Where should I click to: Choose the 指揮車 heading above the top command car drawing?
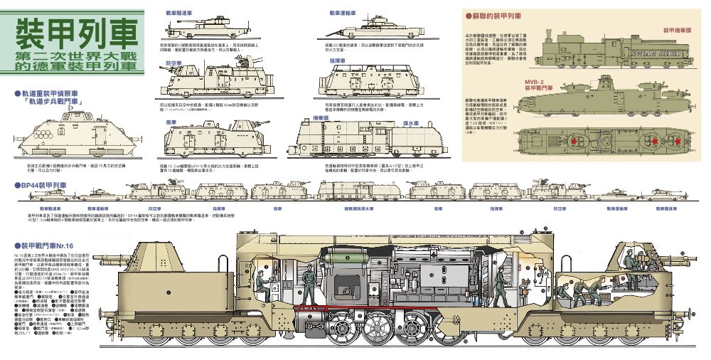point(337,61)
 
